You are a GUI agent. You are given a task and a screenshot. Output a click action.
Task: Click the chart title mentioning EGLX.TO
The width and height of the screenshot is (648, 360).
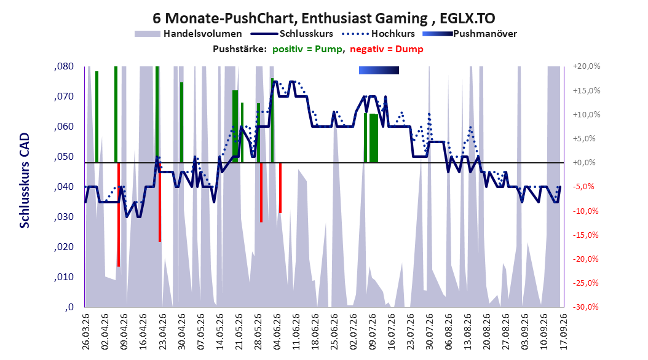323,18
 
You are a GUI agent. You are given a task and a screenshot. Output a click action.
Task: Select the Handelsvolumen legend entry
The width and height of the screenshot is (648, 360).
188,34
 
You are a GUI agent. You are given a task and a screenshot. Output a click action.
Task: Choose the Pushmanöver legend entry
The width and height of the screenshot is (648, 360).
470,34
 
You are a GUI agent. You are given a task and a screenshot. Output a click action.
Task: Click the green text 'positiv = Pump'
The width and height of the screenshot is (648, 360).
307,49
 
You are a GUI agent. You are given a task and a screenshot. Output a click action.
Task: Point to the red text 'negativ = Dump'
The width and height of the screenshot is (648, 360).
387,49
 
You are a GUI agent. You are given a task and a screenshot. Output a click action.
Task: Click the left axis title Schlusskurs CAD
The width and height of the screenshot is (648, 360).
25,181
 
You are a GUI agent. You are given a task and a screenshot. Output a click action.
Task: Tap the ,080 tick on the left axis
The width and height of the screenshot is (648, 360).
64,66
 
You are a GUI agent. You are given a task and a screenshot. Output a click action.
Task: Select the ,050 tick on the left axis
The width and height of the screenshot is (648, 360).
64,157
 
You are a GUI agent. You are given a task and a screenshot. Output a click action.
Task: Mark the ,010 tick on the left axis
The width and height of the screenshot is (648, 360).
64,277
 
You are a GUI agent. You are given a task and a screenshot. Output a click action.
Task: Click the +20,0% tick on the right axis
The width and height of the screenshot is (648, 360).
587,66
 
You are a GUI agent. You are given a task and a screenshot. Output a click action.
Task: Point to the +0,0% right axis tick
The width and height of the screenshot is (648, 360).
584,163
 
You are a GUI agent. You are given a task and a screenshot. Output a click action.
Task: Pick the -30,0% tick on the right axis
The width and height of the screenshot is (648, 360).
585,307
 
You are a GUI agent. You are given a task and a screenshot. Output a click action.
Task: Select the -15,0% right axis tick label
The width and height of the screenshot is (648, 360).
585,235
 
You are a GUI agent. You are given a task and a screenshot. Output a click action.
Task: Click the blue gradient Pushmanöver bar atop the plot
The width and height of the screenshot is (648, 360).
379,71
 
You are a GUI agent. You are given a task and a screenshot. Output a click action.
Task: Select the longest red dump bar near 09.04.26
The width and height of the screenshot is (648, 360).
119,214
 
